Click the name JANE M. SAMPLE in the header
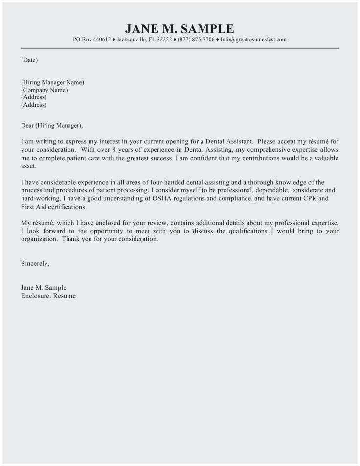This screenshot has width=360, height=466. [180, 29]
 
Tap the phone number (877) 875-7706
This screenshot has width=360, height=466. [196, 40]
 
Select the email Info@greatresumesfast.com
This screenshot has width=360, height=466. [253, 40]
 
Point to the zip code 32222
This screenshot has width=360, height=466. [163, 40]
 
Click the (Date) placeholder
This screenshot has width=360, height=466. [29, 60]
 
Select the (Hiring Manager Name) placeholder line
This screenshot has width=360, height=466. [52, 82]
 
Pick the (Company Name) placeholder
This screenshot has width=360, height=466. [44, 90]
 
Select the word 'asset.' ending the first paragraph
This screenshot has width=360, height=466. [29, 166]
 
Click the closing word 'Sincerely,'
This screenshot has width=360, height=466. [35, 263]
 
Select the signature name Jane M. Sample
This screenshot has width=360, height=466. [44, 288]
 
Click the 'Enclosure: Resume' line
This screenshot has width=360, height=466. [48, 296]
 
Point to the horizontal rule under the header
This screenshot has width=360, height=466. [180, 48]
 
